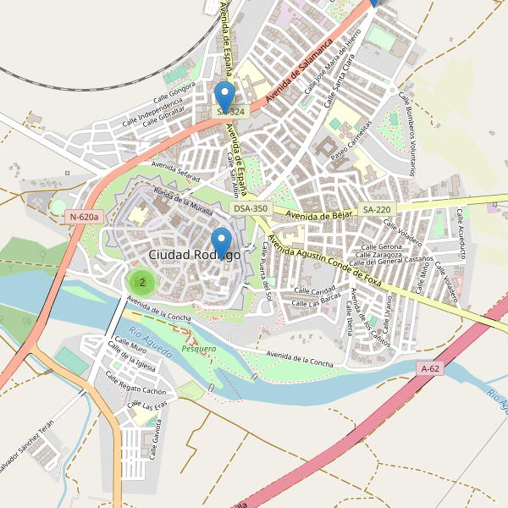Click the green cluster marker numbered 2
click(x=142, y=282)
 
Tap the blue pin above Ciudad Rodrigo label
click(x=221, y=239)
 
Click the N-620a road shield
click(x=85, y=217)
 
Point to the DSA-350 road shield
click(x=251, y=208)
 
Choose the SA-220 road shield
click(x=377, y=209)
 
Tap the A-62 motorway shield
click(x=430, y=368)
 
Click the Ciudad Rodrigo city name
click(x=194, y=254)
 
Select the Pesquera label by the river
click(x=199, y=348)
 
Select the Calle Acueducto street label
click(x=463, y=233)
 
